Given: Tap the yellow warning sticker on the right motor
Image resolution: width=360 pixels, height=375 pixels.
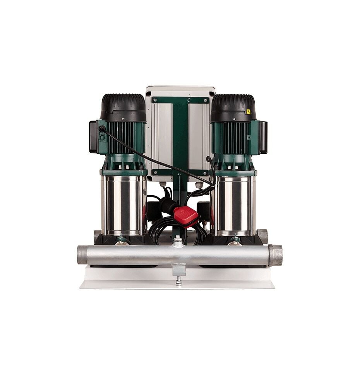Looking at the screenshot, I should (x=249, y=111).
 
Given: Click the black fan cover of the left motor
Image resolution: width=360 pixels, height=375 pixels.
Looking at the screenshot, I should (x=123, y=106).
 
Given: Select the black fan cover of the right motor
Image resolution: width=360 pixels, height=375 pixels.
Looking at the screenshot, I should (x=233, y=106).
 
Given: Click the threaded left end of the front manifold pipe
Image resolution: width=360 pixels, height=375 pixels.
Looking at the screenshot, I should (x=82, y=254).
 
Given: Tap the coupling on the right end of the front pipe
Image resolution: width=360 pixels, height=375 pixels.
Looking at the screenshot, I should (x=275, y=255).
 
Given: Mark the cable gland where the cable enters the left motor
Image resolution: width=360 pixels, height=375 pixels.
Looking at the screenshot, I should (x=102, y=129).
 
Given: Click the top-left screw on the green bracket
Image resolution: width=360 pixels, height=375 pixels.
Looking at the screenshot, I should (x=155, y=100).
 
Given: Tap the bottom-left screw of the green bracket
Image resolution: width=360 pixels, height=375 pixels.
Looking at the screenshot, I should (x=155, y=172).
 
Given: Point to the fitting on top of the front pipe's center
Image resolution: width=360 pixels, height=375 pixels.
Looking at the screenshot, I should (x=178, y=242).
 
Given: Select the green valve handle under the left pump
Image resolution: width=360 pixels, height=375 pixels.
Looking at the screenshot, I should (x=122, y=239).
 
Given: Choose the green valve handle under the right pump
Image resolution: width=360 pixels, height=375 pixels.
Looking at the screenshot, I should (x=235, y=239).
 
